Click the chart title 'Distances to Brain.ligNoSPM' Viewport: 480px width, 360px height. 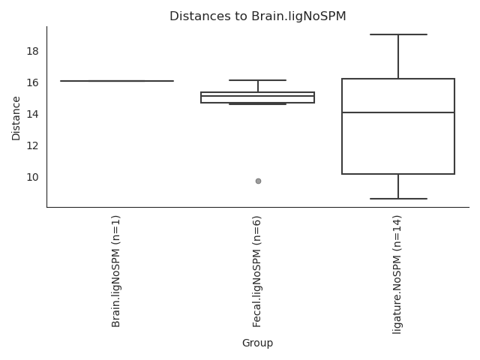coord(258,16)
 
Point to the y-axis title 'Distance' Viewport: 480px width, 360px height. coord(16,118)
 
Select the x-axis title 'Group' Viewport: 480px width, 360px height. coord(257,343)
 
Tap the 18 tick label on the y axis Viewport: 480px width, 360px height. coord(32,51)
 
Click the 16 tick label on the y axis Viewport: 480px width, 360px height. coord(32,82)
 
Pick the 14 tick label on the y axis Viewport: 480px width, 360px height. coord(32,114)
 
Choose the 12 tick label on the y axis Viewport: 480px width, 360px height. coord(32,145)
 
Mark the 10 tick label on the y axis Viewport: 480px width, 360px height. coord(32,177)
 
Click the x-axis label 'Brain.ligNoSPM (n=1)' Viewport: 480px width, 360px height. coord(116,271)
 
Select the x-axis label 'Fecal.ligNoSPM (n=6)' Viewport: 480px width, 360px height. coord(256,271)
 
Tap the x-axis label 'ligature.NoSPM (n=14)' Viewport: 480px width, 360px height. coord(397,274)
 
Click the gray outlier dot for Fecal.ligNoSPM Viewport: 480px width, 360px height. coord(258,181)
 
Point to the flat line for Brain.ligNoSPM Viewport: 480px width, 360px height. coord(117,81)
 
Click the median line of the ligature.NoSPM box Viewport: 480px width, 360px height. coord(398,112)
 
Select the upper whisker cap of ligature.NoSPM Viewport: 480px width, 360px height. coord(398,34)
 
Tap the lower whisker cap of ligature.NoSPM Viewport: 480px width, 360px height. coord(398,199)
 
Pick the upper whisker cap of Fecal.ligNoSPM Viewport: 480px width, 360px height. coord(258,80)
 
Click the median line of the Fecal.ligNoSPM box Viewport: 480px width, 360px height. coord(258,96)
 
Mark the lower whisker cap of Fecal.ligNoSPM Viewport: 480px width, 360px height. coord(258,104)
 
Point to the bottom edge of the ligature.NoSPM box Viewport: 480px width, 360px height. coord(398,174)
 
